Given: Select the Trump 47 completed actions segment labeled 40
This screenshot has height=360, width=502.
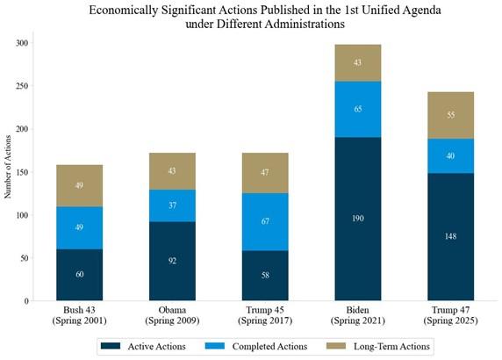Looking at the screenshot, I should (x=450, y=155).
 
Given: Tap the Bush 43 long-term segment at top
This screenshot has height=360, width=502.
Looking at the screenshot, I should (x=80, y=185).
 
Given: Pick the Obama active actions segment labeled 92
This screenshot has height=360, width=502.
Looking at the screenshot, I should (x=174, y=261).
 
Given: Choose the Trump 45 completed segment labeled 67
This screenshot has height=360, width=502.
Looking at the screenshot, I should (x=264, y=221).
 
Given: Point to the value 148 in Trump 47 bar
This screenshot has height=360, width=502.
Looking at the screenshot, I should (x=450, y=235).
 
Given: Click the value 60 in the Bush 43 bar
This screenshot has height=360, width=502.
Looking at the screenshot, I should (x=80, y=275).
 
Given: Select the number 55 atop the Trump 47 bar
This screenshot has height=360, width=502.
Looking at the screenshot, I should (x=450, y=114).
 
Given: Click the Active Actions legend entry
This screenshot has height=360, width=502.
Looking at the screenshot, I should (x=149, y=346).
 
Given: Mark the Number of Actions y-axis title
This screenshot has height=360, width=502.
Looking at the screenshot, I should (x=9, y=172).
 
